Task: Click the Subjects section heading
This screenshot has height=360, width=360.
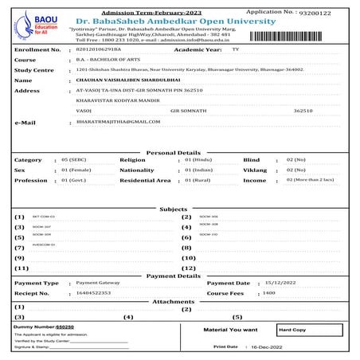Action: pyautogui.click(x=173, y=209)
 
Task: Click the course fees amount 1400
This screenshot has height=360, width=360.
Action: pyautogui.click(x=268, y=293)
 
